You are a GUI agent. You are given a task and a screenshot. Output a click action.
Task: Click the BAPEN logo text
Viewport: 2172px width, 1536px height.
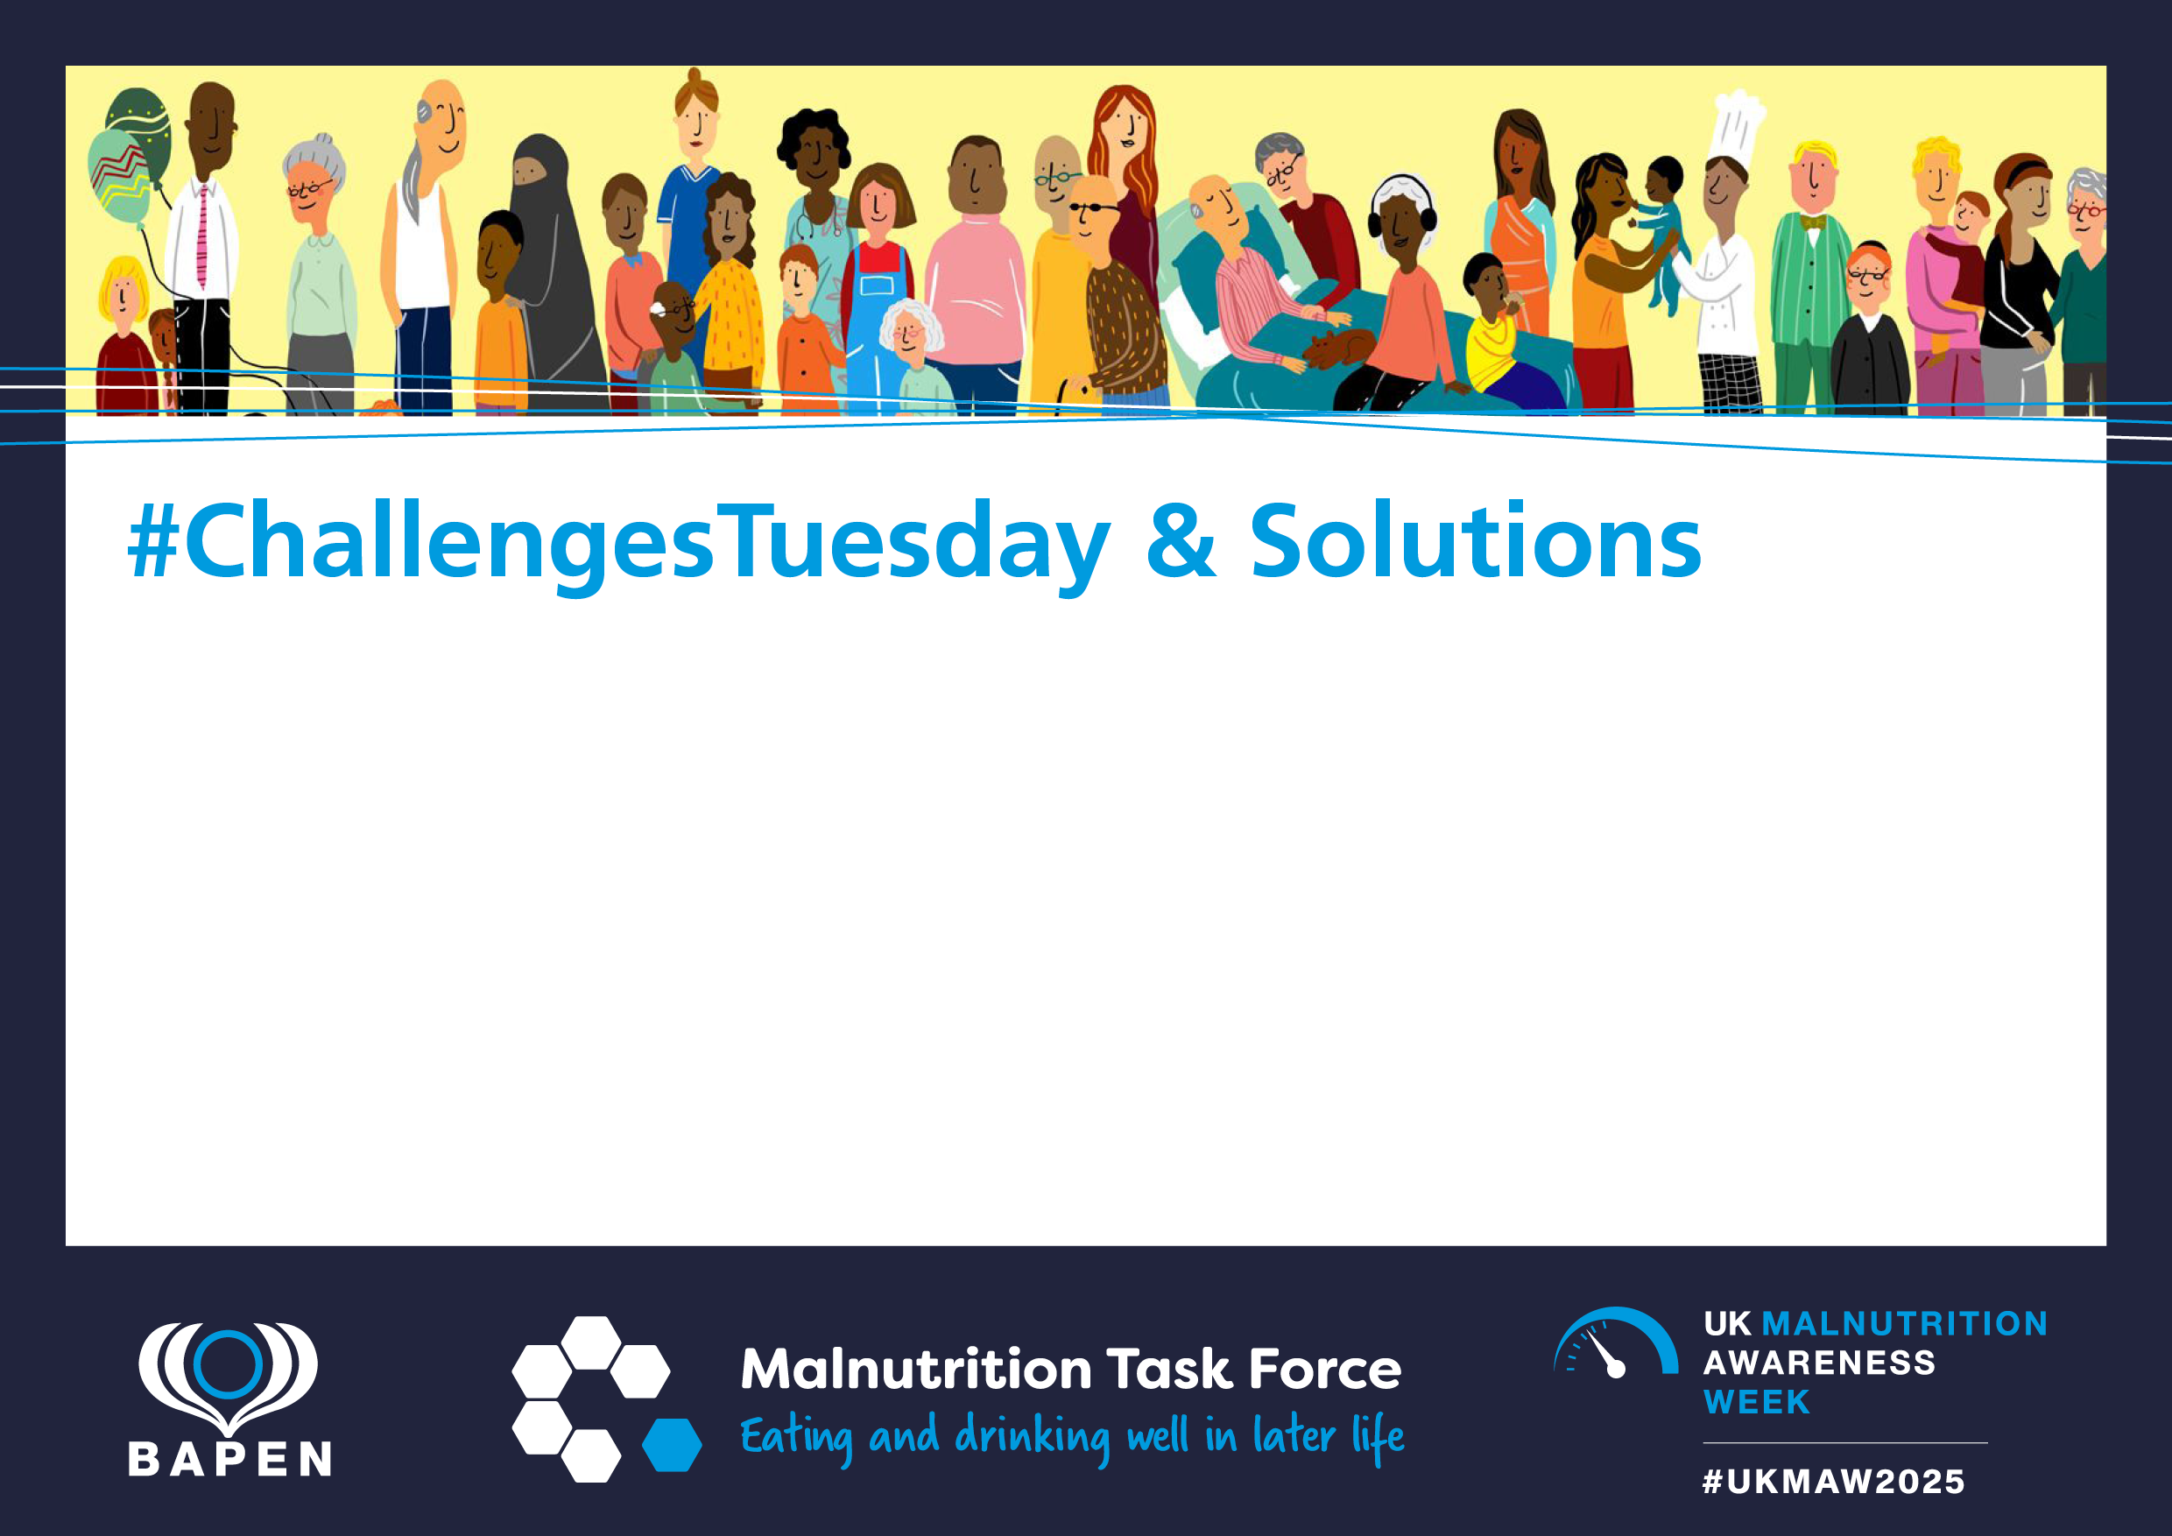click(229, 1460)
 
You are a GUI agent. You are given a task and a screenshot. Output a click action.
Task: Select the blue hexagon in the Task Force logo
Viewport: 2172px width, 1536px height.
click(672, 1444)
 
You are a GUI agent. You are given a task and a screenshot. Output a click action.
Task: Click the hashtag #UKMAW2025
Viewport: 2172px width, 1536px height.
click(1833, 1481)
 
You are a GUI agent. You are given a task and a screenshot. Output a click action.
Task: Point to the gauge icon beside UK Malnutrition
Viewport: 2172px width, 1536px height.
click(1616, 1342)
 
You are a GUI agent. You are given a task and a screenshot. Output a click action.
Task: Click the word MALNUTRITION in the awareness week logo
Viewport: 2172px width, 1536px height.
click(1904, 1323)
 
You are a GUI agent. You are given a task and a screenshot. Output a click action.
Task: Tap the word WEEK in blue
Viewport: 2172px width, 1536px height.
click(1757, 1402)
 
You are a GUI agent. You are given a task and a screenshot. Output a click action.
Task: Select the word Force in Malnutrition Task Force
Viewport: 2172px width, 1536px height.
click(1325, 1370)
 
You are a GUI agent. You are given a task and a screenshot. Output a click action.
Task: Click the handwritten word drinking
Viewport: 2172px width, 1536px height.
click(1032, 1438)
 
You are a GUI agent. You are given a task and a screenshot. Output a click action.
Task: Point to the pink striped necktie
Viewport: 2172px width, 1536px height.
click(201, 236)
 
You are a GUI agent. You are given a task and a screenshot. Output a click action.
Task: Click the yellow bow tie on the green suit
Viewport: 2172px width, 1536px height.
click(1811, 222)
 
